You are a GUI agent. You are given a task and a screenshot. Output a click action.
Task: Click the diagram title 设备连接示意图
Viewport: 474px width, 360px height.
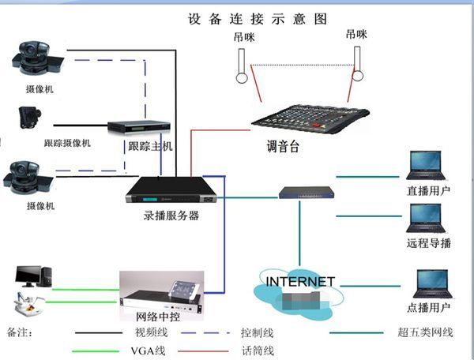coord(257,19)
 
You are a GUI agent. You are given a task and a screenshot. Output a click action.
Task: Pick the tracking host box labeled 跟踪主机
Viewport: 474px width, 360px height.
coord(139,126)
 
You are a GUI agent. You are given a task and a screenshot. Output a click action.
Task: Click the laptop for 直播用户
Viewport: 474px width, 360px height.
coord(425,166)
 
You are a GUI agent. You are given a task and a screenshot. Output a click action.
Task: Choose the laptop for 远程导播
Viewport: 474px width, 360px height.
coord(425,218)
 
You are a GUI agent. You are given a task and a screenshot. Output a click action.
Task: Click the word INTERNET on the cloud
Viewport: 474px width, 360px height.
coord(300,281)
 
